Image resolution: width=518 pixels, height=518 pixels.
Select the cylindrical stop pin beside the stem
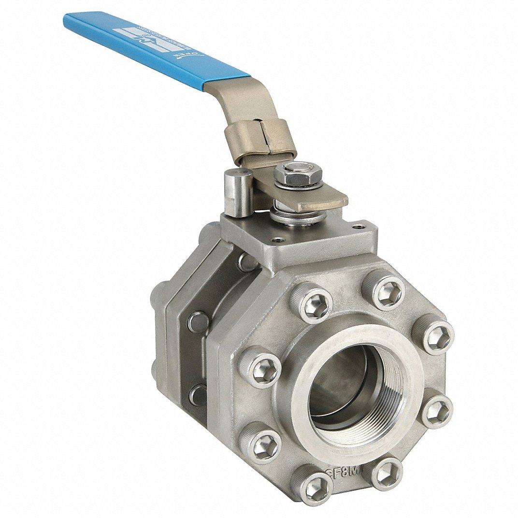[x=239, y=193]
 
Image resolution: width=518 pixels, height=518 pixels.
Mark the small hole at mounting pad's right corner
[x=358, y=226]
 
